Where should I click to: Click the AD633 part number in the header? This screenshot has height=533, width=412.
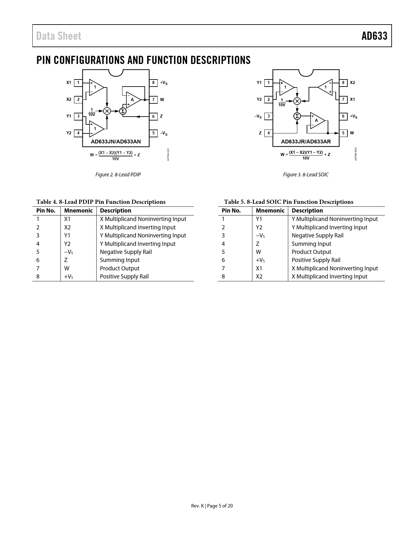[x=374, y=36]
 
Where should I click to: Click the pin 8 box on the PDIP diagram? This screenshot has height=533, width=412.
[x=153, y=83]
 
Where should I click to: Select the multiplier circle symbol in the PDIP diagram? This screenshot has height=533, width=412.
[x=107, y=111]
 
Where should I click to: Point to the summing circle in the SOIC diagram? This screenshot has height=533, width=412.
[x=297, y=116]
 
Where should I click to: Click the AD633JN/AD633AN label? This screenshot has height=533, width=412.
[x=116, y=141]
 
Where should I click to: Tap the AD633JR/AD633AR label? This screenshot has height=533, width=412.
[x=306, y=141]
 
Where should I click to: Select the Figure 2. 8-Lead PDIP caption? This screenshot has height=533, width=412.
[x=118, y=175]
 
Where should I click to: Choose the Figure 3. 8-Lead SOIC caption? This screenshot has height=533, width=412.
[x=306, y=175]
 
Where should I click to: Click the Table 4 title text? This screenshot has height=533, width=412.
[x=101, y=202]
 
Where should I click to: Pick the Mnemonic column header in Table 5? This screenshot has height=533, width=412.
[x=270, y=211]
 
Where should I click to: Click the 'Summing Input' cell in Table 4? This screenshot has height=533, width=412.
[x=120, y=260]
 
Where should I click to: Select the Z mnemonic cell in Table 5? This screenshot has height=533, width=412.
[x=258, y=244]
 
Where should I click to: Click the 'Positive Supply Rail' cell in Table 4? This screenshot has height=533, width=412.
[x=124, y=277]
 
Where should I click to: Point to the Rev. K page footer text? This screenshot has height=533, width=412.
[x=212, y=506]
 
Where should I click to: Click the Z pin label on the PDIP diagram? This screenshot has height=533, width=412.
[x=161, y=116]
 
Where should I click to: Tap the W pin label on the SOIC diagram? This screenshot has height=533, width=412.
[x=352, y=133]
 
